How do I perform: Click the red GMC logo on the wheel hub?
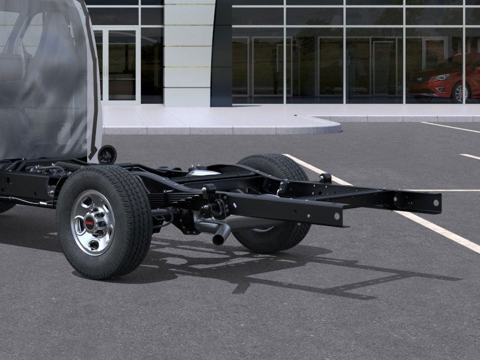pos(91,223)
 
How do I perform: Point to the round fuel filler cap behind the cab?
pos(107,154)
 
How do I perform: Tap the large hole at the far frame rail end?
pos(433,203)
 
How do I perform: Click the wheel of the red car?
pos(460,92)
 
